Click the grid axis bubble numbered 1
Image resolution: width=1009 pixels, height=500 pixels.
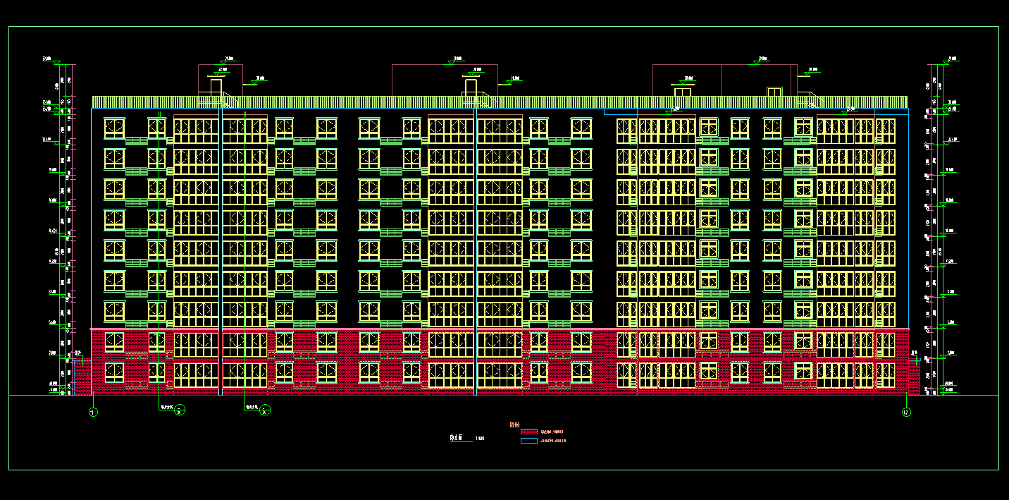[x=93, y=412]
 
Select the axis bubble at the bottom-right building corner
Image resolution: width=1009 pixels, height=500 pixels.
[x=906, y=412]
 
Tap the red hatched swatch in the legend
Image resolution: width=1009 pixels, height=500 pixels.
[x=528, y=431]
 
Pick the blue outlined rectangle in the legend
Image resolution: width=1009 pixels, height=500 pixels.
[x=528, y=441]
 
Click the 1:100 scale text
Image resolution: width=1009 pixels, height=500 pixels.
[x=480, y=439]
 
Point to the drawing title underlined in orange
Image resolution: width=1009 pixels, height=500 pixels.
[x=457, y=438]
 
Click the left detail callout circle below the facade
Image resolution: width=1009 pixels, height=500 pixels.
[x=180, y=410]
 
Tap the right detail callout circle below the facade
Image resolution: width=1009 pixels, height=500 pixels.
[x=265, y=410]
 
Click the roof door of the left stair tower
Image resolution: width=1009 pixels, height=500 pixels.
[x=216, y=87]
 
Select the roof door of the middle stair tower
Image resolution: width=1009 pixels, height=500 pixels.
[x=470, y=87]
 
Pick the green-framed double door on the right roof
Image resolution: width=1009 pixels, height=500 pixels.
[x=683, y=91]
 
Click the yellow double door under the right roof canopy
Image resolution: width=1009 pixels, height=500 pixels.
[x=774, y=92]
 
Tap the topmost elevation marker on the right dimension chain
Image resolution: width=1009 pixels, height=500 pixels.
[x=946, y=61]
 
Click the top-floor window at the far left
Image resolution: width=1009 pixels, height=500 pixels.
[x=114, y=128]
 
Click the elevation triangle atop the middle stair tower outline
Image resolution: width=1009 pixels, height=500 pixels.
[x=452, y=62]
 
